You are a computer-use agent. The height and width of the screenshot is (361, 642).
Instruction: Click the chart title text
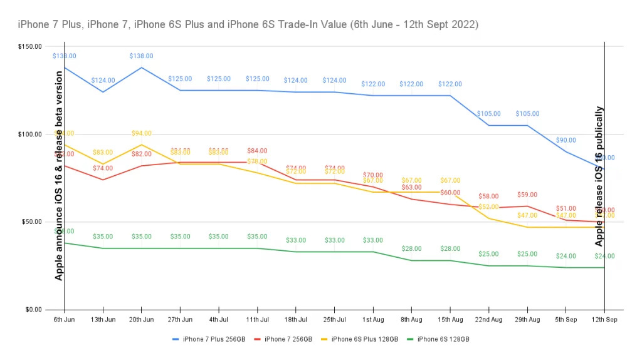[248, 24]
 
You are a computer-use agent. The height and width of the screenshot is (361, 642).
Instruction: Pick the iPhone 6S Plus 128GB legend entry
[364, 339]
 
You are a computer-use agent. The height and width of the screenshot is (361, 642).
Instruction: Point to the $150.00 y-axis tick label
[30, 46]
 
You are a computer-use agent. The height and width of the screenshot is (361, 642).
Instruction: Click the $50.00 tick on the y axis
[32, 222]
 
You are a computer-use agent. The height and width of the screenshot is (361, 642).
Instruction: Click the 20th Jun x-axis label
[142, 320]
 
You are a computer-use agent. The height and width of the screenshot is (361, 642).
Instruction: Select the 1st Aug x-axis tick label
[373, 320]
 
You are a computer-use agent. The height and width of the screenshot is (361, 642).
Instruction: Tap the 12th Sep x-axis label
[604, 320]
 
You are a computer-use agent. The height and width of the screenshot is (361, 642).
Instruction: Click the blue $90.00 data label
[566, 140]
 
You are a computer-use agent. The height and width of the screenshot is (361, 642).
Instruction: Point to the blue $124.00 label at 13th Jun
[103, 80]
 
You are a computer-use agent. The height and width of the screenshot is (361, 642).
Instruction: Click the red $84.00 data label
[257, 151]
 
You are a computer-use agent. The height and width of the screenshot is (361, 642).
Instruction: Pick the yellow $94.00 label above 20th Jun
[142, 133]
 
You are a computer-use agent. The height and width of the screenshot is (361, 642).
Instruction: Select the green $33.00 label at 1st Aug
[373, 240]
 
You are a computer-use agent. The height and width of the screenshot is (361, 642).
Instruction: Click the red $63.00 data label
[411, 187]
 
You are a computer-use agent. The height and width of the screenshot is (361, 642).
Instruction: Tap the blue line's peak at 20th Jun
[142, 68]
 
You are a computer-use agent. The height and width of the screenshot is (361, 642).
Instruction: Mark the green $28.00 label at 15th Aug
[450, 249]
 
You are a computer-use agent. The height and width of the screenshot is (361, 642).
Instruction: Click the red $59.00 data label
[527, 195]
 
